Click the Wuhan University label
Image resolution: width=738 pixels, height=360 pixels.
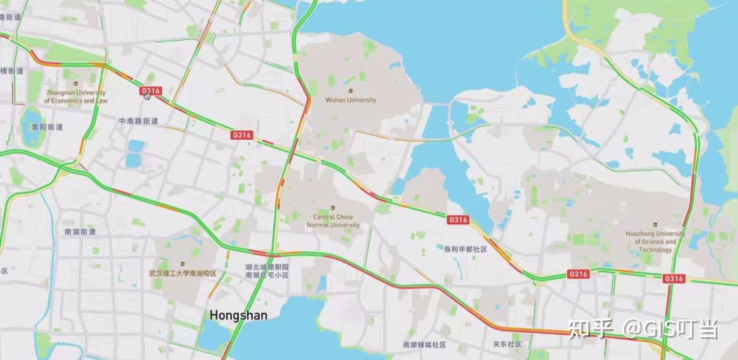tap(351, 100)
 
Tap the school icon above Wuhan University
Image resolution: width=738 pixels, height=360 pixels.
tap(351, 91)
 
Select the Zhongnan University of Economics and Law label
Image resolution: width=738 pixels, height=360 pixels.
tap(76, 97)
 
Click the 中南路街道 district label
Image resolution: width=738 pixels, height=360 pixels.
tap(138, 121)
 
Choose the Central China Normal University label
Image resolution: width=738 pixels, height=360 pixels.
tap(333, 221)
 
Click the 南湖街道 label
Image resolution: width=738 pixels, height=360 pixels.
tap(80, 232)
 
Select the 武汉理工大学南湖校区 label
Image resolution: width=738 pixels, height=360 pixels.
tap(183, 273)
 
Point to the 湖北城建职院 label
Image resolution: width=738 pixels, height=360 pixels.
tap(267, 267)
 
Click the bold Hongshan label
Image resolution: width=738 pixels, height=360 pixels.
tap(238, 315)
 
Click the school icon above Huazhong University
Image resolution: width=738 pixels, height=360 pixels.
tap(655, 224)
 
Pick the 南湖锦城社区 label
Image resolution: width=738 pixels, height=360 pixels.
tap(425, 345)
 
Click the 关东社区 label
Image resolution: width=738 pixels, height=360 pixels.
tap(507, 344)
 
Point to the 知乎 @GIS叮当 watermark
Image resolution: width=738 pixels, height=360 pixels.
tap(643, 328)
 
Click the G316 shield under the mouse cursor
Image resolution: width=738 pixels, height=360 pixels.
tap(150, 91)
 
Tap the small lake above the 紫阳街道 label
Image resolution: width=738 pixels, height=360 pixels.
tap(30, 115)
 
